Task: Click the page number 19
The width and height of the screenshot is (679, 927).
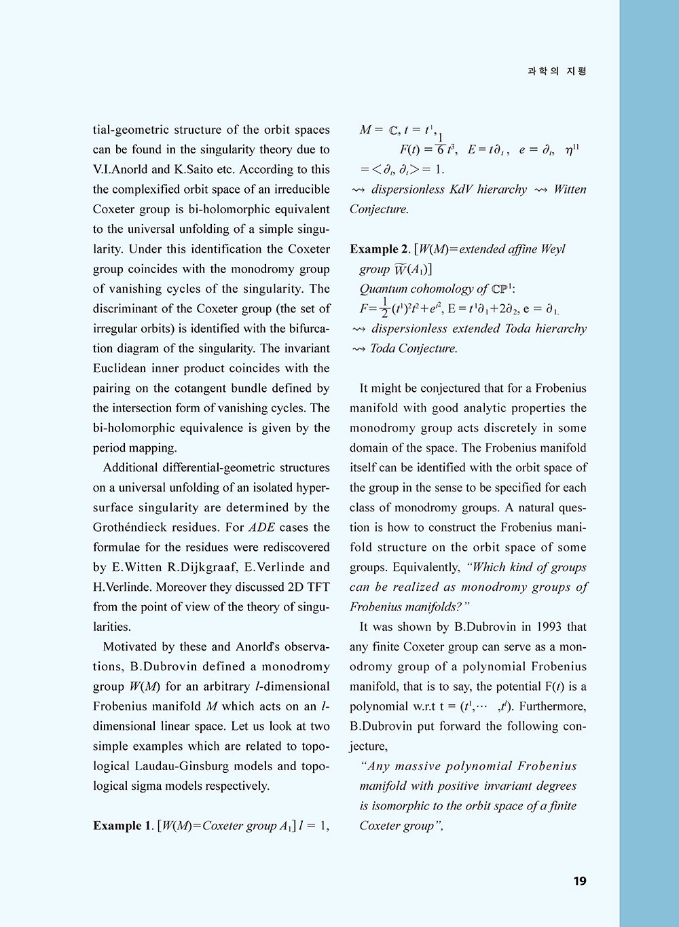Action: [579, 881]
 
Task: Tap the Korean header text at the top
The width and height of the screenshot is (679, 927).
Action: [557, 71]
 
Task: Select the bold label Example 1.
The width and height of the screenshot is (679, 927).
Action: [122, 826]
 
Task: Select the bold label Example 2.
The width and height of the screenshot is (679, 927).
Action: [379, 249]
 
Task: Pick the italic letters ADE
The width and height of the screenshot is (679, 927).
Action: [261, 527]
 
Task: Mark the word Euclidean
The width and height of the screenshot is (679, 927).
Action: [123, 368]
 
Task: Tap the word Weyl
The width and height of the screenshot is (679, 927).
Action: [553, 249]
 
